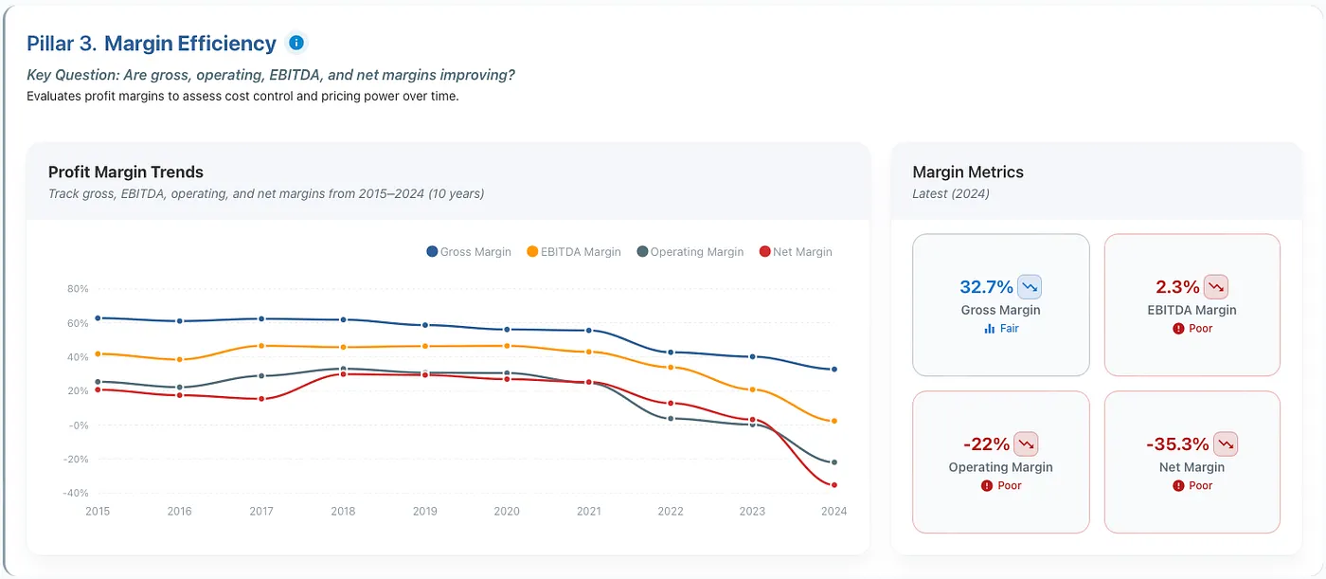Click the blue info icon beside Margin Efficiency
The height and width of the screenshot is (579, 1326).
click(x=296, y=43)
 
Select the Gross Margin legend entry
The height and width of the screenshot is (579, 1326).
click(x=468, y=252)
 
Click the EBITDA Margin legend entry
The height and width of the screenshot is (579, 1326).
click(x=574, y=252)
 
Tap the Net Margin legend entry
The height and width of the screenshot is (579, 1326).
click(x=796, y=252)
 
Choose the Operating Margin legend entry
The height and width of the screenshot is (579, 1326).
click(x=690, y=252)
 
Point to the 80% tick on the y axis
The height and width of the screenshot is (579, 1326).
click(x=78, y=289)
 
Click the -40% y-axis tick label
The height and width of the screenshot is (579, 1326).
click(x=75, y=493)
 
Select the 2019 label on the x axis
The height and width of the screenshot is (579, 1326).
click(x=424, y=511)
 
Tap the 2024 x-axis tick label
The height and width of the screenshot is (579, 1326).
click(x=833, y=511)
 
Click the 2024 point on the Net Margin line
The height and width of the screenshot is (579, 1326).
click(x=834, y=485)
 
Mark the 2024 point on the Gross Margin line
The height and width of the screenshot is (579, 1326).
click(x=834, y=369)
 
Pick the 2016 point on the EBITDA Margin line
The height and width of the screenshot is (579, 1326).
click(x=179, y=359)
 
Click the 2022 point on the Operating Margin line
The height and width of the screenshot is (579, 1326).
click(x=671, y=419)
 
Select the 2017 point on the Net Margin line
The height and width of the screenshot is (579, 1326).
click(x=261, y=399)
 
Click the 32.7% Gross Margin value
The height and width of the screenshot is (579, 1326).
click(x=986, y=287)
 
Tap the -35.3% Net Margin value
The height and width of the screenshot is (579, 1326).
click(x=1177, y=444)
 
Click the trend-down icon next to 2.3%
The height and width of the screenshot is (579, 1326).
click(x=1216, y=287)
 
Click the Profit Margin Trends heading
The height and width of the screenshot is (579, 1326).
click(x=125, y=172)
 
